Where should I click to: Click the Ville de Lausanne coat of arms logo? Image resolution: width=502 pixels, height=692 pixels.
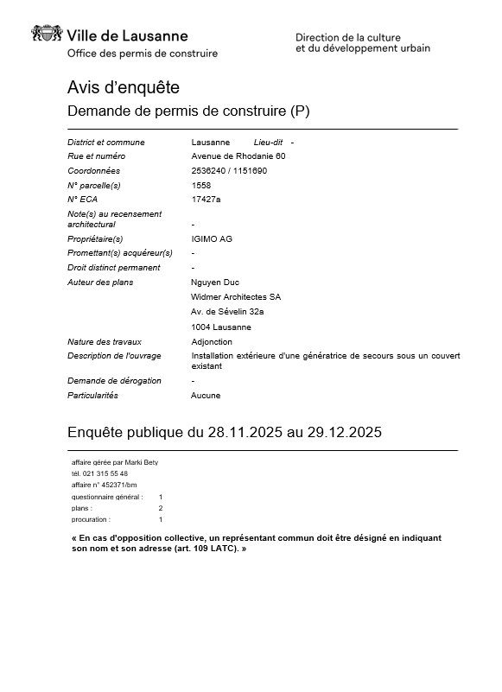click(47, 35)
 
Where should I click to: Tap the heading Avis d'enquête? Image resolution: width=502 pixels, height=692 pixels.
click(123, 87)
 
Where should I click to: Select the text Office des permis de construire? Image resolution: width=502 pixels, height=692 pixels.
click(143, 54)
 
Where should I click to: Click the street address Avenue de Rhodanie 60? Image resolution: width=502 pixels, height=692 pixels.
click(238, 156)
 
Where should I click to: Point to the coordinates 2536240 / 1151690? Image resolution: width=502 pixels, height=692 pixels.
click(229, 171)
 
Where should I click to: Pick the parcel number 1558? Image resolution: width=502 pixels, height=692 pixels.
click(200, 185)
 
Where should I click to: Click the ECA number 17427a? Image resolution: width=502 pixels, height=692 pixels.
click(206, 199)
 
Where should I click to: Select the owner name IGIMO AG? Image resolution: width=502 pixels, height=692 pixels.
click(212, 238)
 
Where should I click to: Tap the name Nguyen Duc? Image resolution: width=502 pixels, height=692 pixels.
click(214, 283)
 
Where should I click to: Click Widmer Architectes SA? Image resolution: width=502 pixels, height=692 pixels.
click(235, 297)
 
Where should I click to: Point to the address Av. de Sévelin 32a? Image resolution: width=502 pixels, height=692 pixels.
click(227, 312)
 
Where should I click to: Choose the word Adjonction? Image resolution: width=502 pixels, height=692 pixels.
click(212, 341)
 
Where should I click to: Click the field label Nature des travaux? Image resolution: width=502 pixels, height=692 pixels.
click(105, 341)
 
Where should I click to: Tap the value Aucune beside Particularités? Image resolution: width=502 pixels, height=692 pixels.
click(206, 396)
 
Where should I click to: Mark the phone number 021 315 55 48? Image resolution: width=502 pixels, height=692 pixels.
click(105, 473)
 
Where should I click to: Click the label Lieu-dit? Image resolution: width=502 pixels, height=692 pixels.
click(269, 142)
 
